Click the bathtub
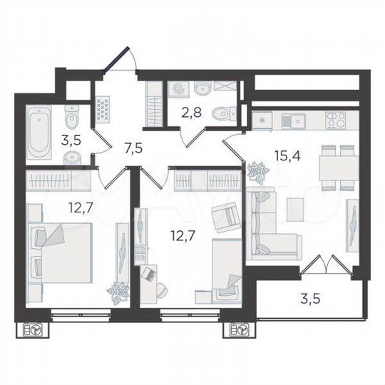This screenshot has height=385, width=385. click(38, 132)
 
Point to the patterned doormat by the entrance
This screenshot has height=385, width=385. click(104, 109)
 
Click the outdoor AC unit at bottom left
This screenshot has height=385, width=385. click(34, 332)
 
